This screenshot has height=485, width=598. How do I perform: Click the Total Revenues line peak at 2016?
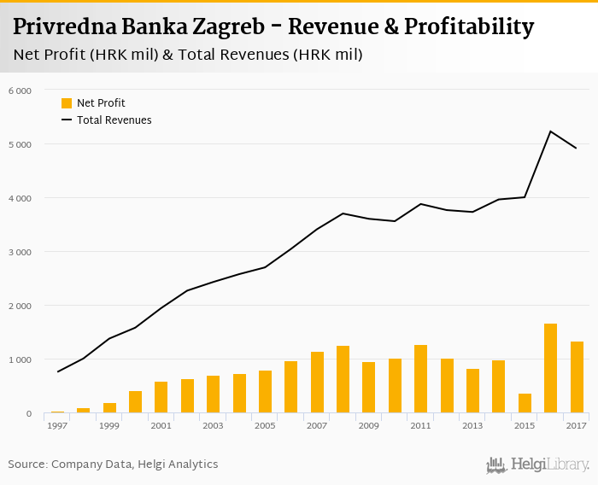(550, 131)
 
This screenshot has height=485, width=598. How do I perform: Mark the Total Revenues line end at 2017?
(577, 149)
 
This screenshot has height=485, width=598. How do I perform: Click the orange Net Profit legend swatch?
(67, 103)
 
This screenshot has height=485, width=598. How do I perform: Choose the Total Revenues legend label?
(114, 120)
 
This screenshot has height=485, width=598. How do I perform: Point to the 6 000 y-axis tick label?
(20, 91)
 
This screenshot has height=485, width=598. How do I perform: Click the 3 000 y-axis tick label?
(20, 252)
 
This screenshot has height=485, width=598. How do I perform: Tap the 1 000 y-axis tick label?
(20, 359)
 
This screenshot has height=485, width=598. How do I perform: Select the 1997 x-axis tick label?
(57, 425)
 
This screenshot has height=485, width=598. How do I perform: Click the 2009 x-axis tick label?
(368, 425)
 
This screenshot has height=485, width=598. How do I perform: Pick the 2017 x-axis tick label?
(577, 425)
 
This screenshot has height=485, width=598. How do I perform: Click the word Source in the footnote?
(27, 465)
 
